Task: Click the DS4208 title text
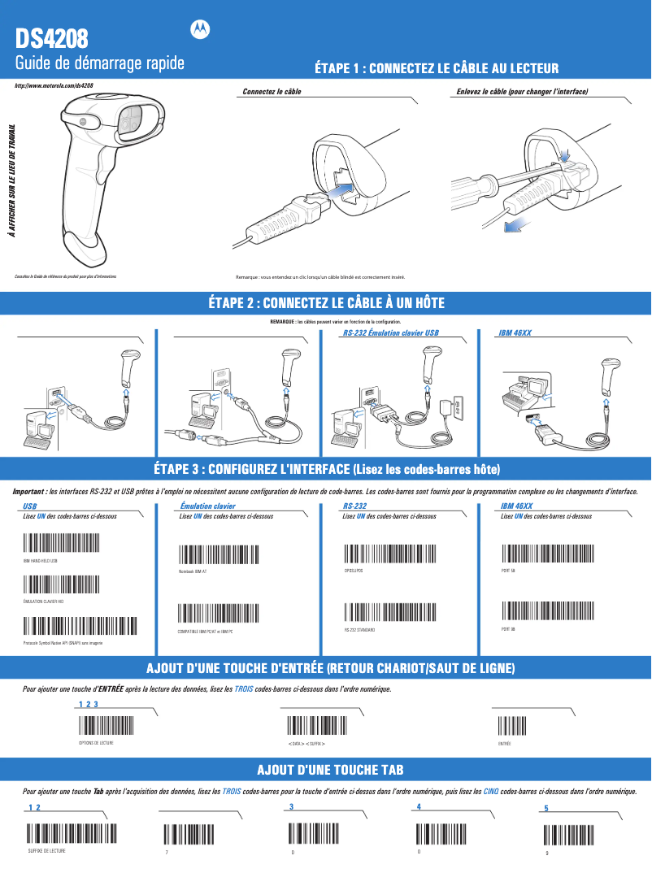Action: tap(53, 37)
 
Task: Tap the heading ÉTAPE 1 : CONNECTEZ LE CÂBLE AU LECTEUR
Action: tap(436, 69)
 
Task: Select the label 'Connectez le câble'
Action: tap(272, 92)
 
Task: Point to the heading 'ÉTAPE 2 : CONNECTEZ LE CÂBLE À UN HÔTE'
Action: tap(326, 303)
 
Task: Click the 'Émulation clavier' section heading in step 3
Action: tap(207, 506)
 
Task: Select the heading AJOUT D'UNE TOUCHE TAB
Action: tap(330, 770)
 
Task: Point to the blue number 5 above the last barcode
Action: tap(546, 809)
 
